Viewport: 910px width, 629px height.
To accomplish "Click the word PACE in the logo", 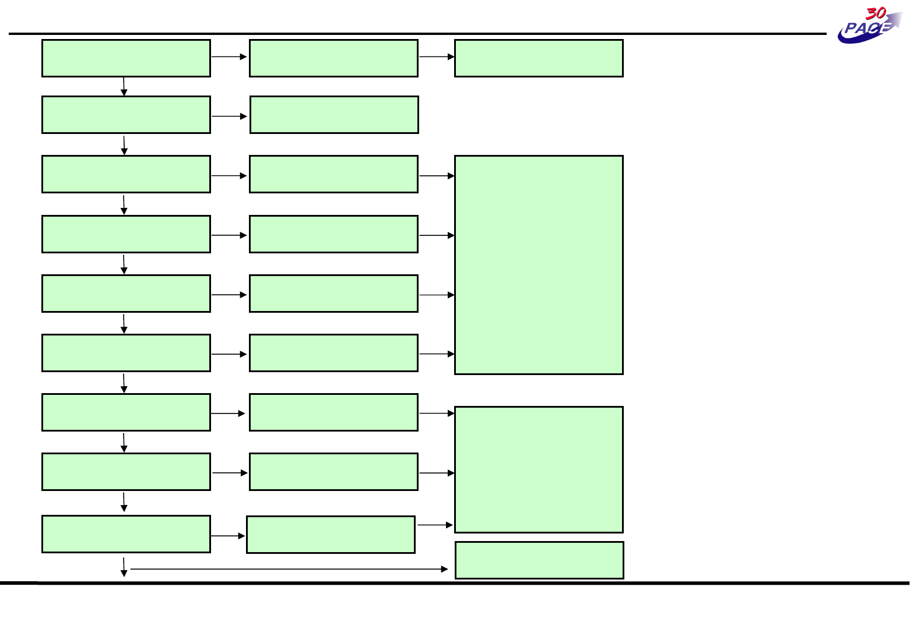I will pos(866,29).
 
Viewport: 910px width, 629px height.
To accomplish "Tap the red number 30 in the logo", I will pos(876,14).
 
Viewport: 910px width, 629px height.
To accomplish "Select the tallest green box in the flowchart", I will pos(539,264).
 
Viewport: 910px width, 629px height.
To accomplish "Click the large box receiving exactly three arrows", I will pos(539,469).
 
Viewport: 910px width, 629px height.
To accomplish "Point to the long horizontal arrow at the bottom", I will pos(289,569).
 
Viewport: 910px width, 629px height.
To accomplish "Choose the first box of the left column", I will pos(126,58).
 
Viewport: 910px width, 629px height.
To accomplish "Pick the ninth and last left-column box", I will pos(126,534).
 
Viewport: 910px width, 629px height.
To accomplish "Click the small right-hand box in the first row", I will pos(539,58).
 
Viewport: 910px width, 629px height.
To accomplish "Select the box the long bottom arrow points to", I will pos(539,560).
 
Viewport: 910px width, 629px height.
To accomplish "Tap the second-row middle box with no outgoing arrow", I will pos(334,115).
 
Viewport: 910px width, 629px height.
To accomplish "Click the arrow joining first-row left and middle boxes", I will pos(229,57).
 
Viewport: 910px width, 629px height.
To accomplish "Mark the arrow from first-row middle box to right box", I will pos(436,57).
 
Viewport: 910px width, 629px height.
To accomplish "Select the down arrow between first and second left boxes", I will pos(124,86).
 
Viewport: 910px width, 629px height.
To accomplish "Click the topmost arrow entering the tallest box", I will pos(436,175).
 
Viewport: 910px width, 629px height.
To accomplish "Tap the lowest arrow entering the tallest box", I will pos(436,354).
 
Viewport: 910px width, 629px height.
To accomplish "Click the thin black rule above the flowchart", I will pos(408,34).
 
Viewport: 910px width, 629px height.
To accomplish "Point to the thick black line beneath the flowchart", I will pos(455,582).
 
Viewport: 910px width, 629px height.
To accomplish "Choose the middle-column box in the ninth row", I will pos(331,535).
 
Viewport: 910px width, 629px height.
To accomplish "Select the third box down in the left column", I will pos(126,174).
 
